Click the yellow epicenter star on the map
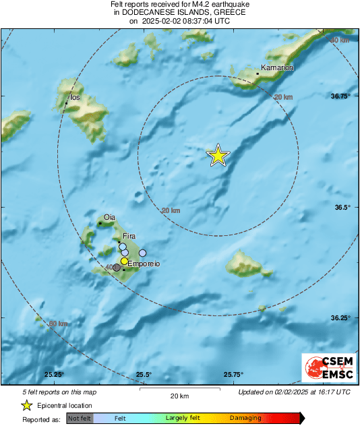coord(218,156)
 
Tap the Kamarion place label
coord(277,68)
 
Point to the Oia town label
coord(110,217)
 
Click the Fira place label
coord(129,236)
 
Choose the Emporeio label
coord(144,264)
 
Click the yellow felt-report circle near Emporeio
coord(124,261)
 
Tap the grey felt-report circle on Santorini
coord(117,268)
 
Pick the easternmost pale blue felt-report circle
coord(142,253)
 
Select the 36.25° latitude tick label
coord(340,317)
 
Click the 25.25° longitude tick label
coord(54,375)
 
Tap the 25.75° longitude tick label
coord(233,375)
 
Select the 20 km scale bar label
coord(179,395)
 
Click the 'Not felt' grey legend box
coord(79,419)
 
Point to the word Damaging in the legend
coord(245,419)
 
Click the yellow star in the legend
coord(26,405)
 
